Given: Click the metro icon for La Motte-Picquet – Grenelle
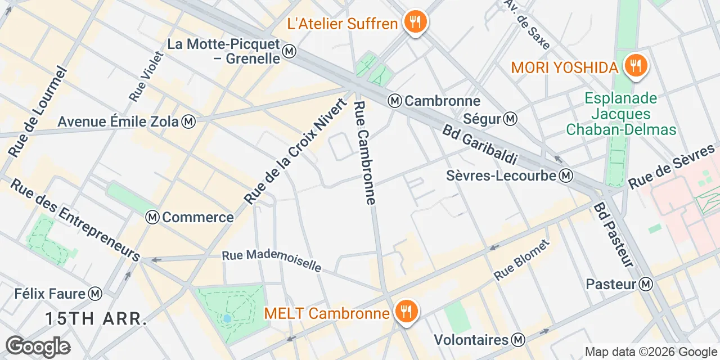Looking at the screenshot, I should coord(290,51).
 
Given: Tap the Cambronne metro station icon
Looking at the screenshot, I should coord(395,101).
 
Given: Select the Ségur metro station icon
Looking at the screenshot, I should coord(511,119).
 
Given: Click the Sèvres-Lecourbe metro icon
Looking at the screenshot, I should coord(566,176).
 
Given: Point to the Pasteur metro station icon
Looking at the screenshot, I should coord(646,284).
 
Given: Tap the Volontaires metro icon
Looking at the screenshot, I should coord(518,340).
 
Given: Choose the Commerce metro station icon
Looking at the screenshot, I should coord(152,217).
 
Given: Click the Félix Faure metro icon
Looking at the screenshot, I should coord(96,293).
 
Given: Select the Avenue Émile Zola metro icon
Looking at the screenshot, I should coord(189,121).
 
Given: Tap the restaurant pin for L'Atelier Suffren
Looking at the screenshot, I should coord(415,22).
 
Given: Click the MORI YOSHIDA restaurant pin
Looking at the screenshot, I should coord(636,67).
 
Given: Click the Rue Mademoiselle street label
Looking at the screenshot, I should coord(271,260).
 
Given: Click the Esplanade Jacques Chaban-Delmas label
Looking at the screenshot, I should coord(620,114).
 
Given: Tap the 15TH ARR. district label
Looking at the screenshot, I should coord(96,319).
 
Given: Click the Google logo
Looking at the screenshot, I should coord(38,346).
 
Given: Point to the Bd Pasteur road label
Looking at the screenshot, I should coord(613,235).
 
